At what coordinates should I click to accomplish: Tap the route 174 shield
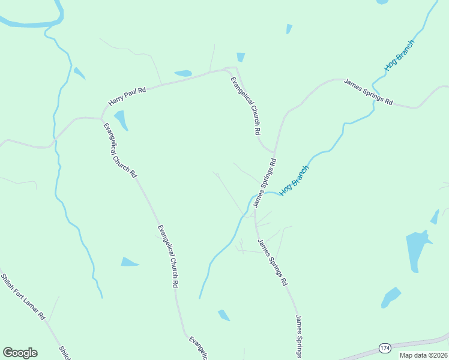[385, 347]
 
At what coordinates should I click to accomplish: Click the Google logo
[20, 353]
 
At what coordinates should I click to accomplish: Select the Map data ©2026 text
[423, 355]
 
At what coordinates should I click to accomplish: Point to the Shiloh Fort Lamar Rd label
[23, 296]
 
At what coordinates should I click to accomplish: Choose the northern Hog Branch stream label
[400, 56]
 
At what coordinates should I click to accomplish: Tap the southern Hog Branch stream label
[294, 179]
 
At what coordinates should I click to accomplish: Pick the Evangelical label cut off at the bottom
[199, 348]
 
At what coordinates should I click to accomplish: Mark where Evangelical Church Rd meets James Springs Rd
[274, 152]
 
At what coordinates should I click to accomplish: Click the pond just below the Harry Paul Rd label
[121, 120]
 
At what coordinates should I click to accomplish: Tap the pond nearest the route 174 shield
[391, 296]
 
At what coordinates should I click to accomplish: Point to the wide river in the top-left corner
[30, 23]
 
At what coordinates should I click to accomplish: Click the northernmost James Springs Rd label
[368, 92]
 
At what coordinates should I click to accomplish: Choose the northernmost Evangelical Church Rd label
[246, 106]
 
